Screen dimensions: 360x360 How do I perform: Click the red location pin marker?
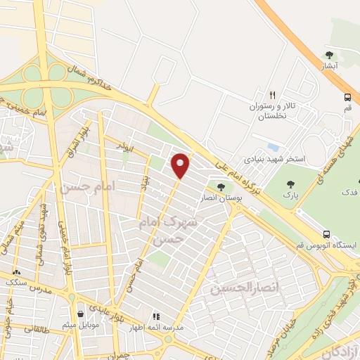click(x=181, y=165)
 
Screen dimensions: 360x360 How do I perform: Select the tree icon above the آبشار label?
click(x=329, y=55)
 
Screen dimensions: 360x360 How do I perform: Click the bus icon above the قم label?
click(x=347, y=98)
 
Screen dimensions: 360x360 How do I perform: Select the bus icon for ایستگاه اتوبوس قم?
click(x=326, y=234)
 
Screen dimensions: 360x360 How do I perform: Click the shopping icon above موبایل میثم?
click(x=82, y=313)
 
